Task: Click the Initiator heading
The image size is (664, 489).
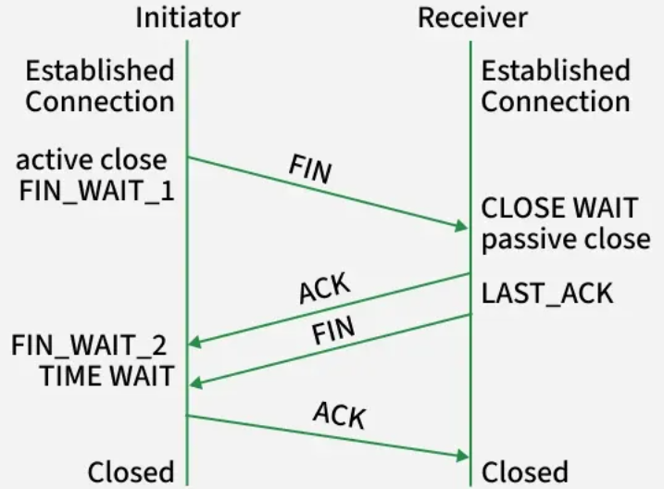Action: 188,18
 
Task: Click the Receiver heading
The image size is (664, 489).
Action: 472,18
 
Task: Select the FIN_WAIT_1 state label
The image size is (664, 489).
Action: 97,191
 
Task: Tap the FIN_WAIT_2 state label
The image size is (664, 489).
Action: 89,345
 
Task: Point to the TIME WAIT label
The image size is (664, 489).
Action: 106,375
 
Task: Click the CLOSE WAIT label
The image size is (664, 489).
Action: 559,207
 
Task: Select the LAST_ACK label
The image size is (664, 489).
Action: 547,294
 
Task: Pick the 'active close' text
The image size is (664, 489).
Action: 92,160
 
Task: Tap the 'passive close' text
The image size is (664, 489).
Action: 566,240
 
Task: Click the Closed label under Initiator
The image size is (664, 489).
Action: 131,471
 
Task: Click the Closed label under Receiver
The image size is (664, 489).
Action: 525,471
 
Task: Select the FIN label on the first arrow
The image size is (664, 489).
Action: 310,169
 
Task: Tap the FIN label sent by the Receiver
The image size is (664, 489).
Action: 333,330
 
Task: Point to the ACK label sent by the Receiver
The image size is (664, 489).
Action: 325,288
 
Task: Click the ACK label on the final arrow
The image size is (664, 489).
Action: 340,415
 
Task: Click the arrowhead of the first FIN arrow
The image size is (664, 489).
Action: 461,226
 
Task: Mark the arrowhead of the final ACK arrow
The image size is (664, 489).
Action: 462,456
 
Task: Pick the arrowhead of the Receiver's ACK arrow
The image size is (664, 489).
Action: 194,342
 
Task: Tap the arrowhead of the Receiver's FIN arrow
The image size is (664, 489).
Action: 195,383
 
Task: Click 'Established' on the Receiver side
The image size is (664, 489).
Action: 556,70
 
